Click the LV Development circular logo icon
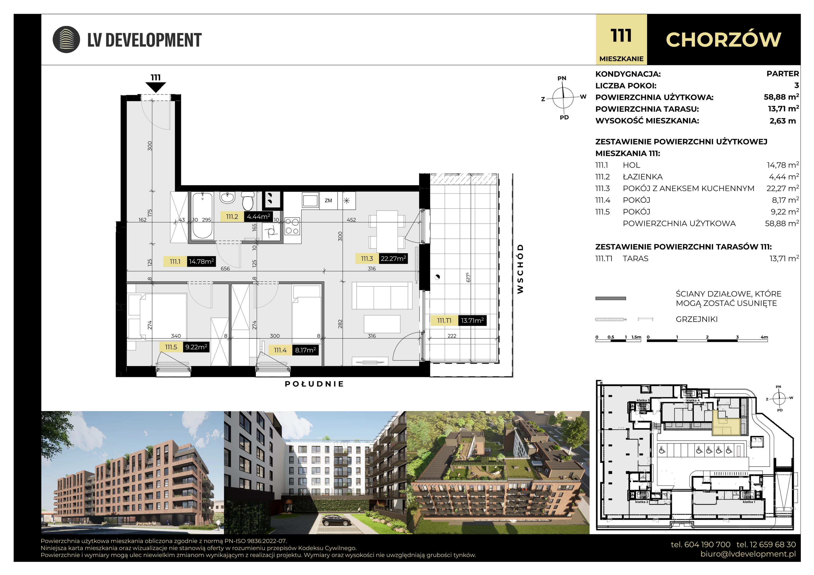pyautogui.click(x=66, y=40)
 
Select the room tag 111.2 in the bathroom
pyautogui.click(x=232, y=217)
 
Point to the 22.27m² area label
pyautogui.click(x=393, y=259)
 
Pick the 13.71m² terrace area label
pyautogui.click(x=472, y=321)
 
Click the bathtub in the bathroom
pyautogui.click(x=202, y=216)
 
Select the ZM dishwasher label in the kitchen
pyautogui.click(x=328, y=201)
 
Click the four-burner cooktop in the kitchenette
pyautogui.click(x=292, y=226)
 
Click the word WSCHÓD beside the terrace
pyautogui.click(x=520, y=269)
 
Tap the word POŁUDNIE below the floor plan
pyautogui.click(x=314, y=384)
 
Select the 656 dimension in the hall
pyautogui.click(x=225, y=268)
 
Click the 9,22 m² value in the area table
pyautogui.click(x=785, y=212)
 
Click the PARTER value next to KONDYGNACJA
pyautogui.click(x=782, y=74)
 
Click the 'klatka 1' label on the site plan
pyautogui.click(x=749, y=502)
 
